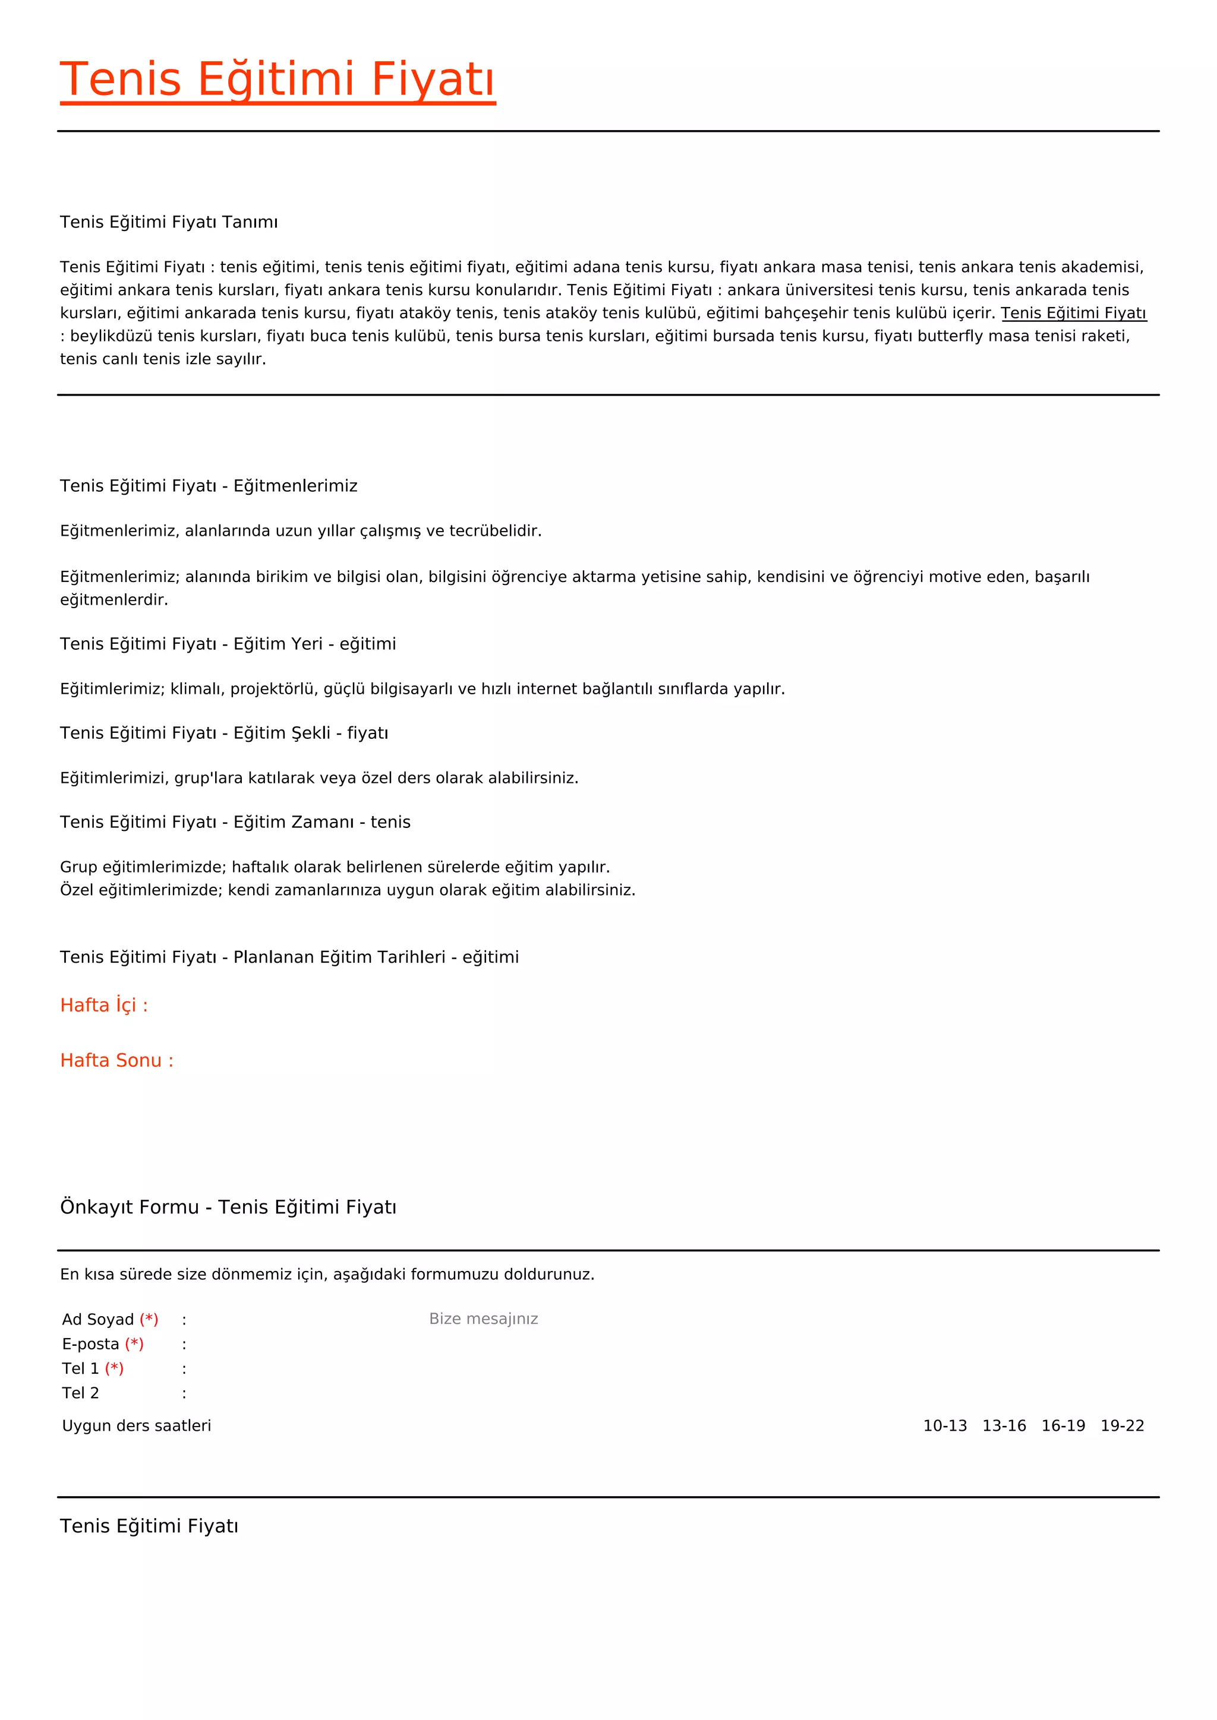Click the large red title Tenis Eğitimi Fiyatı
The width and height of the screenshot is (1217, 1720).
[278, 80]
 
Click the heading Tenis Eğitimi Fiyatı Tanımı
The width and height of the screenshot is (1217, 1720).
[169, 223]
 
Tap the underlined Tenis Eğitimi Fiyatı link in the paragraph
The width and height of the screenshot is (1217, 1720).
[1073, 313]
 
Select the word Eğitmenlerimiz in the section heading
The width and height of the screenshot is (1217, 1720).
[295, 486]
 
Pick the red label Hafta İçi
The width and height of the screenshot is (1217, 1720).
[103, 1006]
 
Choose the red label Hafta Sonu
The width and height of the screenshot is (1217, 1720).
[116, 1061]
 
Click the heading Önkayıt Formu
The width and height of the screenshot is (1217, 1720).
[129, 1207]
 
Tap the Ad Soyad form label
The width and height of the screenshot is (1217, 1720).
[98, 1319]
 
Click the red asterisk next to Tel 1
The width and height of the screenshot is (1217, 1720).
[114, 1368]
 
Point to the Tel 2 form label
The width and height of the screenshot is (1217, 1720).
[80, 1393]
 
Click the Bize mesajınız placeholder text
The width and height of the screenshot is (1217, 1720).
[483, 1319]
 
